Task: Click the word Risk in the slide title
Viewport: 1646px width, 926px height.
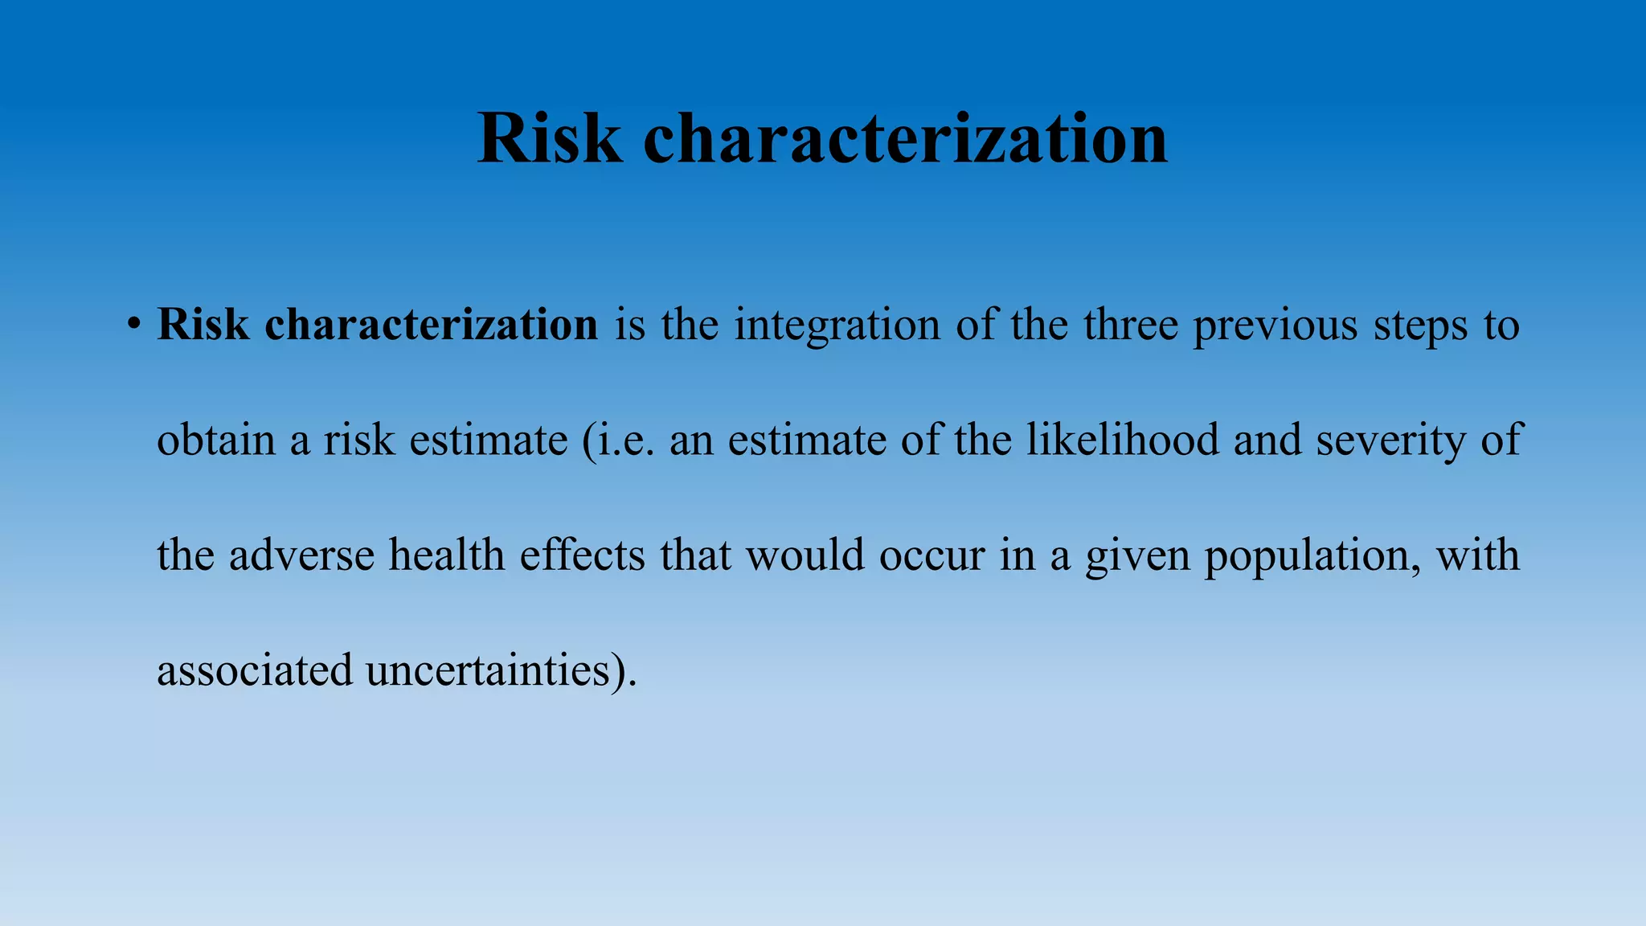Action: click(550, 139)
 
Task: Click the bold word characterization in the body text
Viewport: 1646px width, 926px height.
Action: click(431, 325)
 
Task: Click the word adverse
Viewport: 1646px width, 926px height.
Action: click(301, 555)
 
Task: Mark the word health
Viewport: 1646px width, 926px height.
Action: click(447, 555)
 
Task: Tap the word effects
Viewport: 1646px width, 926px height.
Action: click(583, 555)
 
